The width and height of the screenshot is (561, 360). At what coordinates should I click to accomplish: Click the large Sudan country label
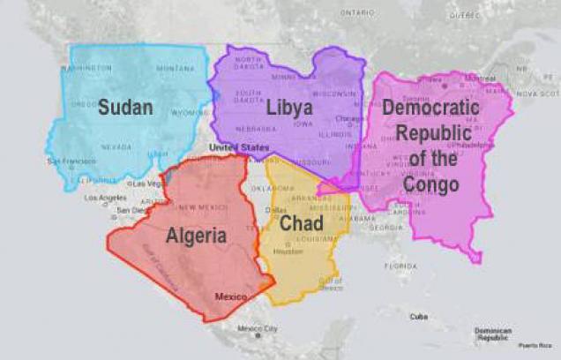click(x=125, y=108)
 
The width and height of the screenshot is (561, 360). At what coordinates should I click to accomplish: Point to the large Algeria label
click(x=196, y=236)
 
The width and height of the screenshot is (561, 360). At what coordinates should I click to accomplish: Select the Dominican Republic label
click(x=493, y=334)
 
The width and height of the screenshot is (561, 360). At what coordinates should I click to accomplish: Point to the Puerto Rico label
click(x=533, y=345)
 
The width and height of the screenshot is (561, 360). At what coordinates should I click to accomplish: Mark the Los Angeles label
click(x=104, y=198)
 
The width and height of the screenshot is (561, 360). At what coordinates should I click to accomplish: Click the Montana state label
click(x=176, y=68)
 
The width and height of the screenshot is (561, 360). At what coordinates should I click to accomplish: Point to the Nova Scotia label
click(x=537, y=93)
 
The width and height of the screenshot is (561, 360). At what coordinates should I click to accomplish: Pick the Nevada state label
click(x=116, y=146)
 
